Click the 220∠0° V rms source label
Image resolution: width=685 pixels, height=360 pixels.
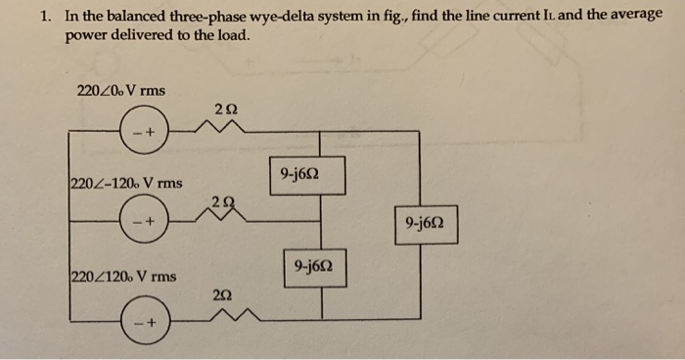[x=120, y=91]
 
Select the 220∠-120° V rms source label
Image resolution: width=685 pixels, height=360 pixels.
[x=126, y=183]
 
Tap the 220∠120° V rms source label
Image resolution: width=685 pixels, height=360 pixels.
[x=123, y=276]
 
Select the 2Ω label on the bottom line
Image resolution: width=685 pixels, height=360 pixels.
[x=222, y=293]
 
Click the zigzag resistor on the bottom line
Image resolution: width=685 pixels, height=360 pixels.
[x=224, y=315]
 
